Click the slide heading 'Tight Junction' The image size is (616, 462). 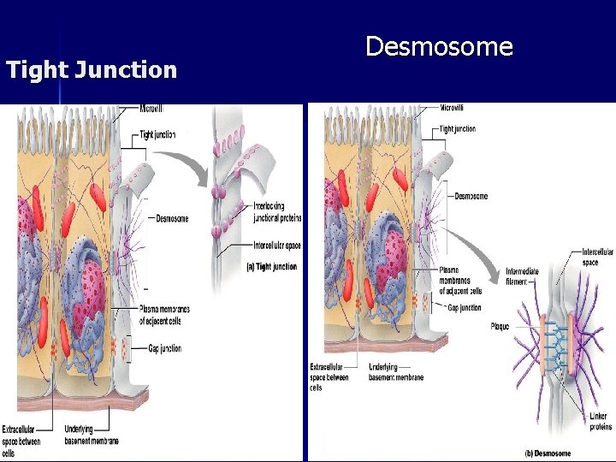click(x=92, y=69)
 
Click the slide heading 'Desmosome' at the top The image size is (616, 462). click(x=439, y=46)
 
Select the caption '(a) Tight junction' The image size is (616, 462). click(x=272, y=267)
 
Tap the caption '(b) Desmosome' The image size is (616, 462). click(x=548, y=453)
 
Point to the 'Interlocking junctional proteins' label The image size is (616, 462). click(x=276, y=212)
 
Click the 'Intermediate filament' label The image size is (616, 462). click(x=522, y=275)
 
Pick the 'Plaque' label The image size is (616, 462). click(x=500, y=326)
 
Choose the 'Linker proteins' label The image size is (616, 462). click(x=601, y=421)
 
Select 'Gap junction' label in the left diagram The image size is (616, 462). click(x=163, y=349)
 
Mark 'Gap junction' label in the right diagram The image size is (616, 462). click(x=464, y=308)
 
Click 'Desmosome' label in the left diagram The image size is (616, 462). click(x=172, y=218)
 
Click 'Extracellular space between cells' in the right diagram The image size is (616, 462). click(x=329, y=376)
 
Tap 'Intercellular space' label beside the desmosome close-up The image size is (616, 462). click(x=596, y=257)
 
